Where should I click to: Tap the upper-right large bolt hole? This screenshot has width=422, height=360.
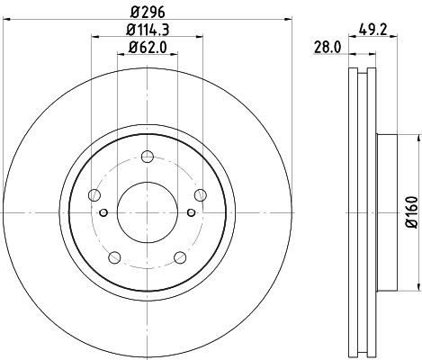pos(199,193)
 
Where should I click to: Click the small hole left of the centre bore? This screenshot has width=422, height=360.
pos(105,212)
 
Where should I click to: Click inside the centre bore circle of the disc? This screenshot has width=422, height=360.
pos(147,212)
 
